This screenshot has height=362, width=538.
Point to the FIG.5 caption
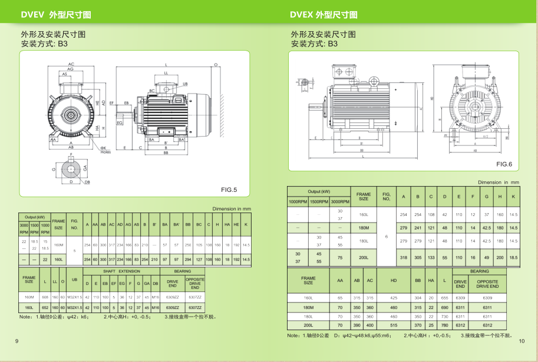click(229, 190)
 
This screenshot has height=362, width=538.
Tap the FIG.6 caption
click(504, 164)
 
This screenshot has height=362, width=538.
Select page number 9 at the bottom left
click(16, 341)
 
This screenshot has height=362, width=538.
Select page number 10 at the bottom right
click(521, 341)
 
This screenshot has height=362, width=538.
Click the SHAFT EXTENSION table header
click(121, 271)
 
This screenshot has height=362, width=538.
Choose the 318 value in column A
click(404, 257)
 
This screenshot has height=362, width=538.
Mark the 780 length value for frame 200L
click(444, 325)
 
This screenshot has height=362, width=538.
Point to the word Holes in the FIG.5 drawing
click(105, 152)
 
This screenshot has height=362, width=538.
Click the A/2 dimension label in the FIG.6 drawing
click(485, 136)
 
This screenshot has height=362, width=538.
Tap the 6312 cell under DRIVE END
click(460, 325)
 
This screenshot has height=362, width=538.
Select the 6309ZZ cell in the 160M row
click(173, 298)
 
